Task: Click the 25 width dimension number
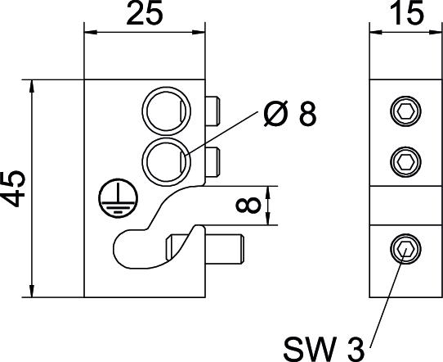(x=145, y=14)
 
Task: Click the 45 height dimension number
(x=14, y=189)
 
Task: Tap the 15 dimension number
(x=407, y=14)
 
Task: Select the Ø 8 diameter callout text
(x=290, y=114)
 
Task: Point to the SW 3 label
(x=324, y=348)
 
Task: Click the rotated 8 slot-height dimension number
(x=248, y=206)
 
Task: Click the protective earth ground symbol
(x=118, y=198)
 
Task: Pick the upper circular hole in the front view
(x=167, y=111)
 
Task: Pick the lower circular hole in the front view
(x=167, y=161)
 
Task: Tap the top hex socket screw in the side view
(x=405, y=111)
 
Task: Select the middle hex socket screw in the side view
(x=405, y=162)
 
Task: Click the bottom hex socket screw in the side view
(x=405, y=249)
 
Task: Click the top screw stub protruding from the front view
(x=213, y=111)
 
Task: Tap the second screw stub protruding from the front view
(x=213, y=162)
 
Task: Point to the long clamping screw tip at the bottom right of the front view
(x=225, y=249)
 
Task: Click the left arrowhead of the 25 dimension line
(x=91, y=32)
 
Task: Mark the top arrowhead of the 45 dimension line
(x=32, y=86)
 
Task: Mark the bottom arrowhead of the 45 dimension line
(x=32, y=291)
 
